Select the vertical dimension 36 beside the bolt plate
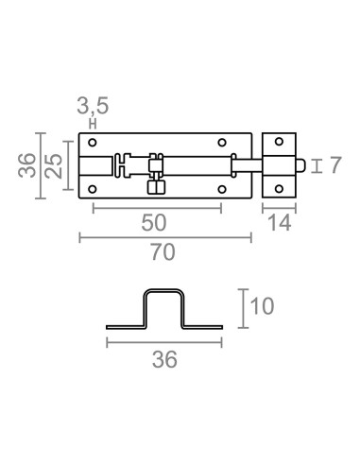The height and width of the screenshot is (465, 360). [27, 166]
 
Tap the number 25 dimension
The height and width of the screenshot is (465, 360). [56, 166]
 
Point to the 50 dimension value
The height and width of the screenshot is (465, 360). [155, 223]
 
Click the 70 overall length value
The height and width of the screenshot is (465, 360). [165, 253]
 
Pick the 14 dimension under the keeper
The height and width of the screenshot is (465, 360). [278, 223]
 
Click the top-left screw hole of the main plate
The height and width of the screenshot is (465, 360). [93, 144]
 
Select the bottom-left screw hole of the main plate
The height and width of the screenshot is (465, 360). [93, 189]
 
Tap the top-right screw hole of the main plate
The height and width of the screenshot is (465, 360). [223, 144]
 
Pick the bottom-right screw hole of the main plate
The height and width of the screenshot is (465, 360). [223, 189]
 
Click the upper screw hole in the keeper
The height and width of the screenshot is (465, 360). [277, 144]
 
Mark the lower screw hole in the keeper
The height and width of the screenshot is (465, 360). [277, 189]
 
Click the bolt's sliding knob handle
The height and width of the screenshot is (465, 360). [155, 185]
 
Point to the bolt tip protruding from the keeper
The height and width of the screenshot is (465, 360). [300, 166]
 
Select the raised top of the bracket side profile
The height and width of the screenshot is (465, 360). [165, 292]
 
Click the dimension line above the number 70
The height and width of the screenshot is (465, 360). [165, 237]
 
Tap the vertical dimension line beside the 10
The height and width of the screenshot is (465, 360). [245, 308]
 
